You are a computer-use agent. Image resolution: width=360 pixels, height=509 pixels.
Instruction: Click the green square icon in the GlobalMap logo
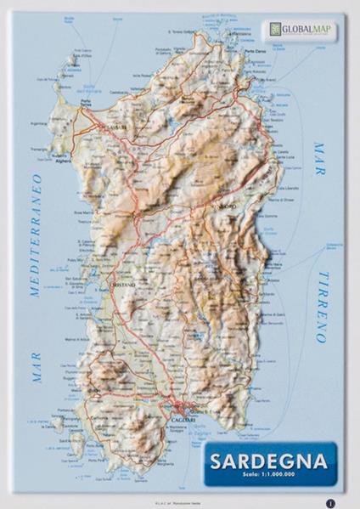tap(275, 30)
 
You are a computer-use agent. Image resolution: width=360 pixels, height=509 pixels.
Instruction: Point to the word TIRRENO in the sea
tap(322, 307)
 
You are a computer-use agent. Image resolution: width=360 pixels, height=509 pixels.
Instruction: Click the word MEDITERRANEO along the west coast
tap(36, 235)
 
